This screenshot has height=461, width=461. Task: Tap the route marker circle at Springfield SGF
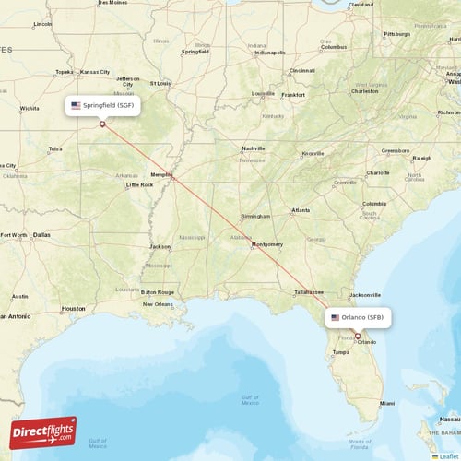[x=102, y=124]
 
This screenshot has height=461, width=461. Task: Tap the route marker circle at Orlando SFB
[x=357, y=336]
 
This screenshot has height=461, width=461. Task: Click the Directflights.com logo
[x=43, y=431]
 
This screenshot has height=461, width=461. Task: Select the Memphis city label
[x=161, y=174]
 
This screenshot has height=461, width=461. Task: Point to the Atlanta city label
[x=301, y=210]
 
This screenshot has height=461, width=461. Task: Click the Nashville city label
[x=253, y=148]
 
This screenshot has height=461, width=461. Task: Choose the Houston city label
[x=73, y=308]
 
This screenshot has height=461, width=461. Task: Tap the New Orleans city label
[x=158, y=303]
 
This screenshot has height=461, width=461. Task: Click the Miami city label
[x=387, y=403]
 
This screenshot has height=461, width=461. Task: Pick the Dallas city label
[x=41, y=235]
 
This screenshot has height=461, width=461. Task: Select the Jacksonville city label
[x=365, y=294]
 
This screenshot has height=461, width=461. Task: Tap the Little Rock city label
[x=140, y=184]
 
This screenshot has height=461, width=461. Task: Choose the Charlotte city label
[x=377, y=172]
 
